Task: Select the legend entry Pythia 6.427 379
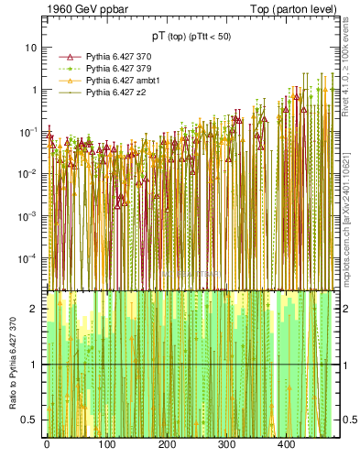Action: click(x=112, y=69)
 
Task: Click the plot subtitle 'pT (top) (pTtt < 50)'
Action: click(x=191, y=38)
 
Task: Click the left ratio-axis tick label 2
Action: click(x=36, y=309)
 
